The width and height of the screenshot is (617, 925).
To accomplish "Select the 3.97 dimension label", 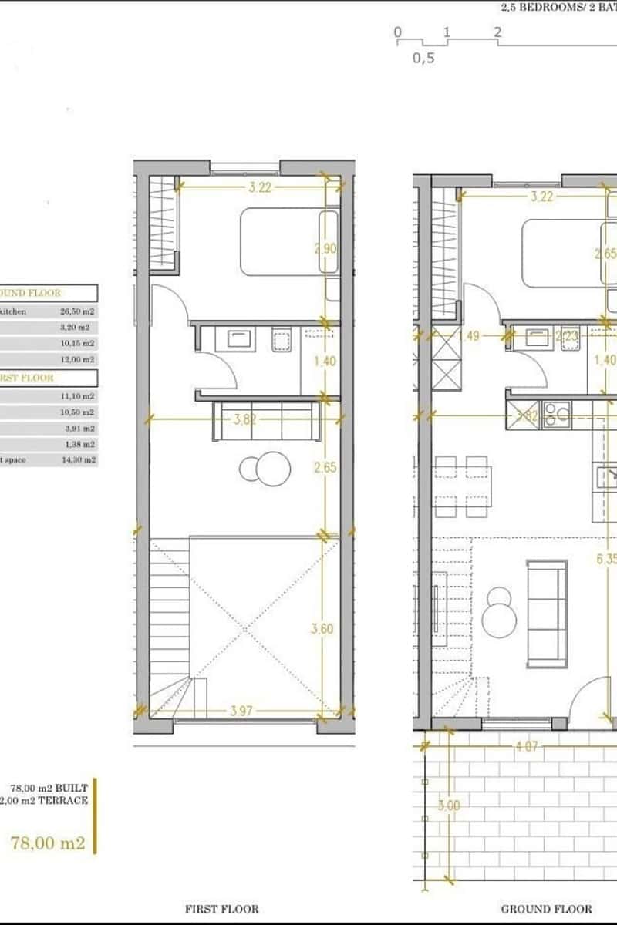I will tap(241, 711).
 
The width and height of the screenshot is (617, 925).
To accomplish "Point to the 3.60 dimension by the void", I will tap(322, 629).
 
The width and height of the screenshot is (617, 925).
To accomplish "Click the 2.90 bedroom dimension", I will tap(325, 248).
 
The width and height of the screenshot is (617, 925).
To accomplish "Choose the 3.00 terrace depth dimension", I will tap(449, 806).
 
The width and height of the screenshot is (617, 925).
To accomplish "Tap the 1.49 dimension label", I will tap(470, 336).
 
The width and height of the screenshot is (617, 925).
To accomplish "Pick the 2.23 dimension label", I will tap(567, 336).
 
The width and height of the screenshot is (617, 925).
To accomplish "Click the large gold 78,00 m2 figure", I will tap(48, 843).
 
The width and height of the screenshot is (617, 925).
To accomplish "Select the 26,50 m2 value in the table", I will tap(77, 311).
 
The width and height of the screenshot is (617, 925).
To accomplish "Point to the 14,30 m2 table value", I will tap(78, 459).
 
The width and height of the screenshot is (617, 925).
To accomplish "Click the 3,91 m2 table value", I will tap(78, 428).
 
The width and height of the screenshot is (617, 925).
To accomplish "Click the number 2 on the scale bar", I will tap(498, 32).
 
